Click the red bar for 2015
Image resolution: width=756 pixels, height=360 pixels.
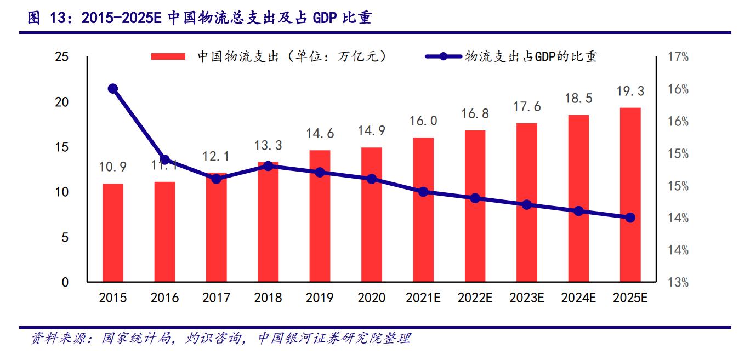click(x=113, y=233)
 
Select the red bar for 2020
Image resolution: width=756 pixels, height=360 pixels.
click(x=371, y=215)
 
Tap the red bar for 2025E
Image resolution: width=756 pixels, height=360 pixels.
click(x=630, y=195)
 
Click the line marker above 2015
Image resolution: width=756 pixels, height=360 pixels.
click(x=113, y=89)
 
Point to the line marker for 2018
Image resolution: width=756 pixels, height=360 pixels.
click(x=268, y=165)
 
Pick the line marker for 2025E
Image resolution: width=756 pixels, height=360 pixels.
click(x=630, y=218)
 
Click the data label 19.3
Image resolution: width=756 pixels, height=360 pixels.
click(x=630, y=92)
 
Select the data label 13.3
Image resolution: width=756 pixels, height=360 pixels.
click(x=268, y=145)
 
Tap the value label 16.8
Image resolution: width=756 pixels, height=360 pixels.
click(x=475, y=114)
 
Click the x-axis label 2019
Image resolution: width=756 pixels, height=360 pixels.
click(x=320, y=298)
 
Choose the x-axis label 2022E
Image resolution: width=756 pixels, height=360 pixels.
click(x=475, y=298)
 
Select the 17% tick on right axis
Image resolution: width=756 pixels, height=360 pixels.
click(x=678, y=57)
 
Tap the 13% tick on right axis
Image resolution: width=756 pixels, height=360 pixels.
click(x=678, y=283)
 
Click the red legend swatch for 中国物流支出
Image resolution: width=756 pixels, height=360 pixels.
click(x=169, y=56)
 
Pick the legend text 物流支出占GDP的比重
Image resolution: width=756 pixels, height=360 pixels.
click(x=531, y=56)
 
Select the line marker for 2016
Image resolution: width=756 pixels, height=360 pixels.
click(x=164, y=159)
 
